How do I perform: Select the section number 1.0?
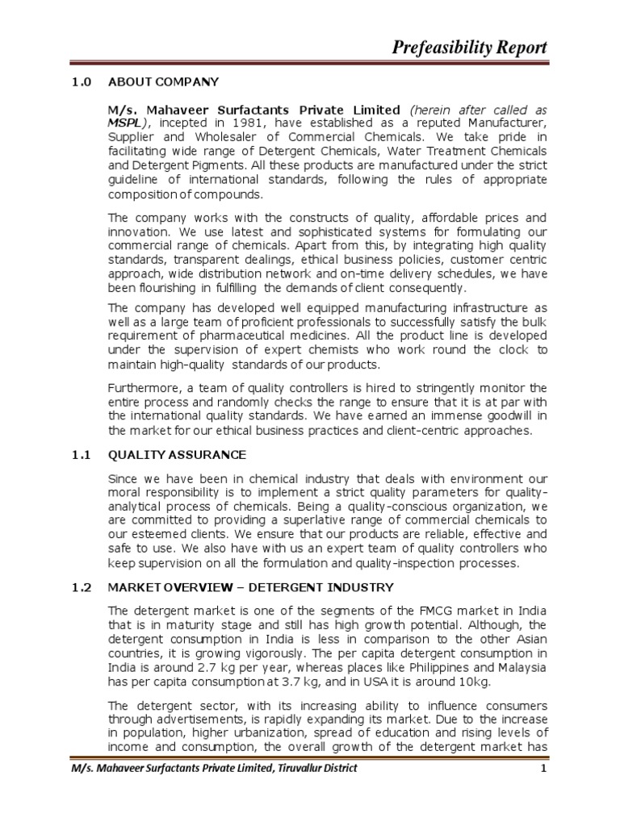point(77,81)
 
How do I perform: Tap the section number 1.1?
point(77,456)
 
